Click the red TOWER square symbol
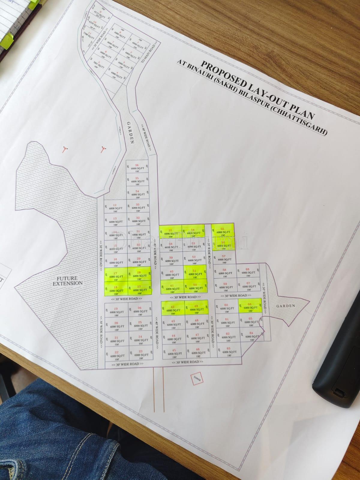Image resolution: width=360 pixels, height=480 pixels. pos(197,378)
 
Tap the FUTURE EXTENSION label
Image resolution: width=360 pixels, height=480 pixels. pos(67,281)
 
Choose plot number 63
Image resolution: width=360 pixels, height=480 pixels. pos(229,350)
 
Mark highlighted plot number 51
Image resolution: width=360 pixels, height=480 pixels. pos(195,272)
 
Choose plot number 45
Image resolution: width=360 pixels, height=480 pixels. pos(174,352)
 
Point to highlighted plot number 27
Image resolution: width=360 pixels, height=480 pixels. pos(139,289)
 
